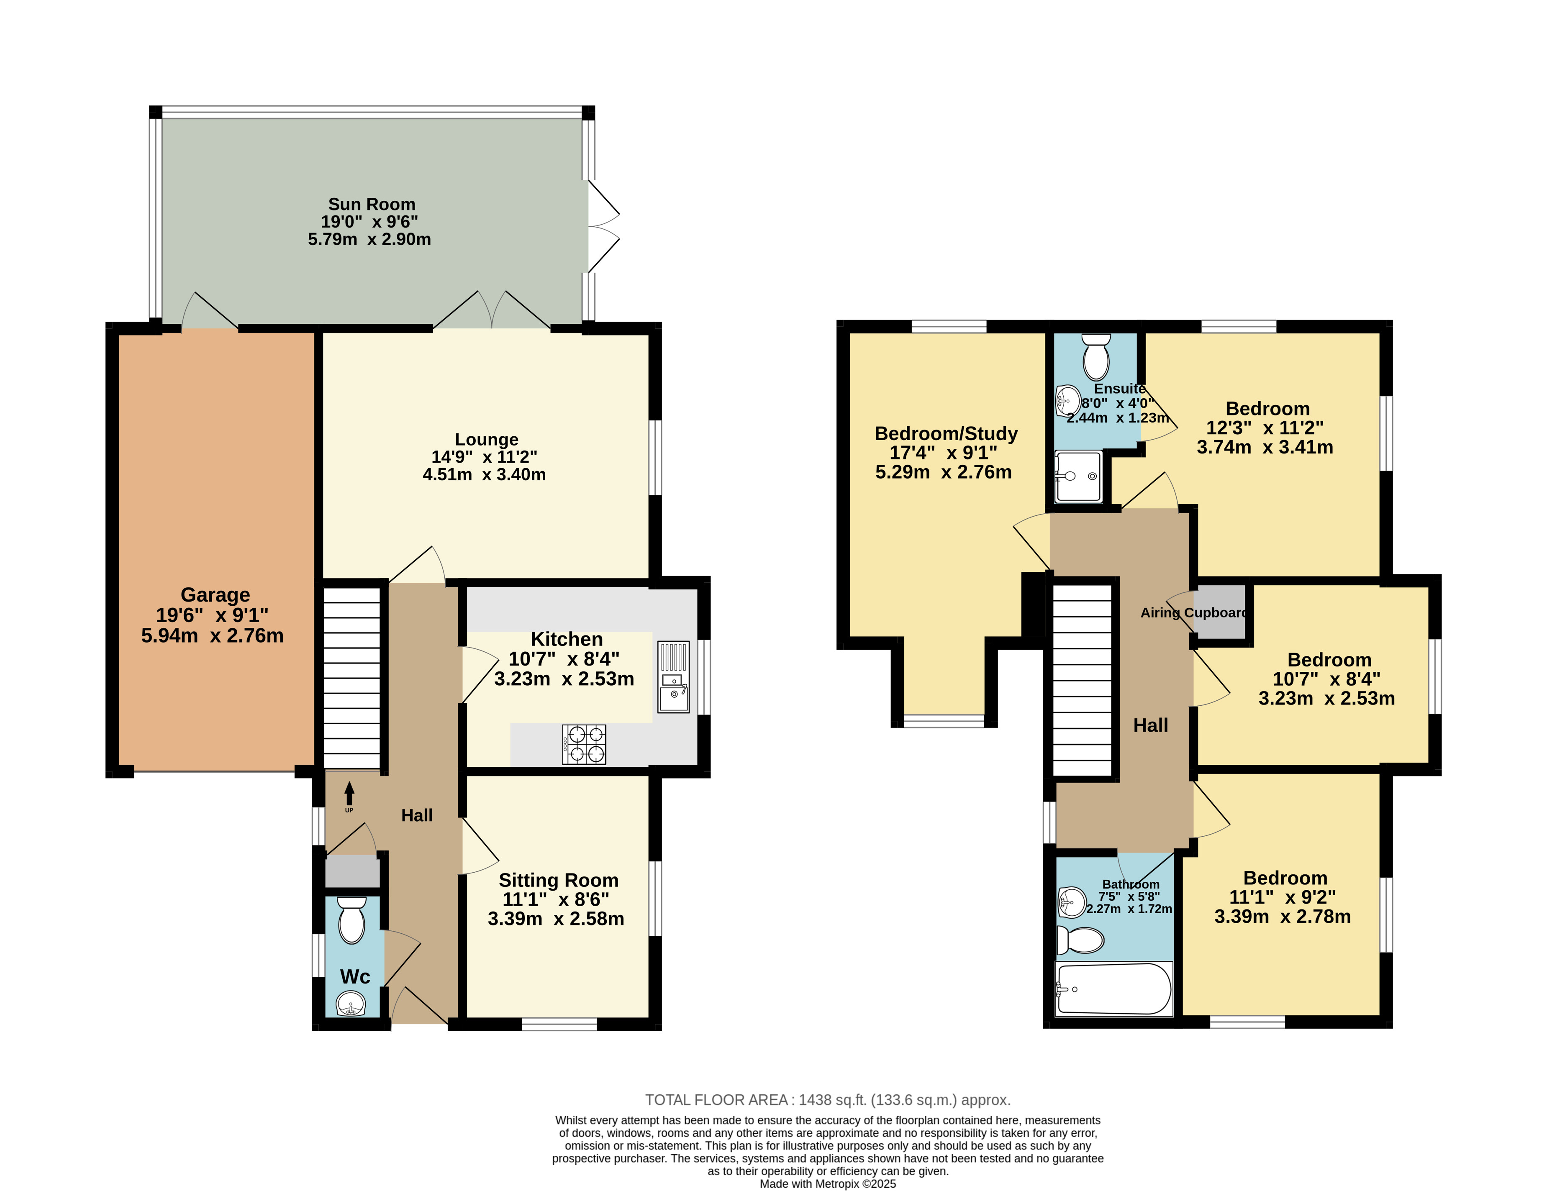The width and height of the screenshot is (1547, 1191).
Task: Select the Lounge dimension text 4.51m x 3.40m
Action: click(485, 474)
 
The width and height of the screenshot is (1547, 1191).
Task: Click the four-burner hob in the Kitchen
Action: click(584, 744)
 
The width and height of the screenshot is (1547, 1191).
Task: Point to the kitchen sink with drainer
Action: click(673, 676)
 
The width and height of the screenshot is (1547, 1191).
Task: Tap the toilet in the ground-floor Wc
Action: click(351, 920)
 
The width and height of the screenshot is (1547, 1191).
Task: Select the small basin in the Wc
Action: click(351, 1003)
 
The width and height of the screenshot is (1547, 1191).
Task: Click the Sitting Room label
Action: click(558, 880)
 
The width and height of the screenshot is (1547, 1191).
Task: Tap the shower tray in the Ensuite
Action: click(1078, 476)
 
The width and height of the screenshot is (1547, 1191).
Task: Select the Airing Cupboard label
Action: click(1194, 612)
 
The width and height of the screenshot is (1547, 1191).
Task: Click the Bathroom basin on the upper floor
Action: click(1071, 902)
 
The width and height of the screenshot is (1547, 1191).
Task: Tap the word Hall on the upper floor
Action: click(1150, 725)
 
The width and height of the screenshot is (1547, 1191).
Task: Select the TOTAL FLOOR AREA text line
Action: click(827, 1100)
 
